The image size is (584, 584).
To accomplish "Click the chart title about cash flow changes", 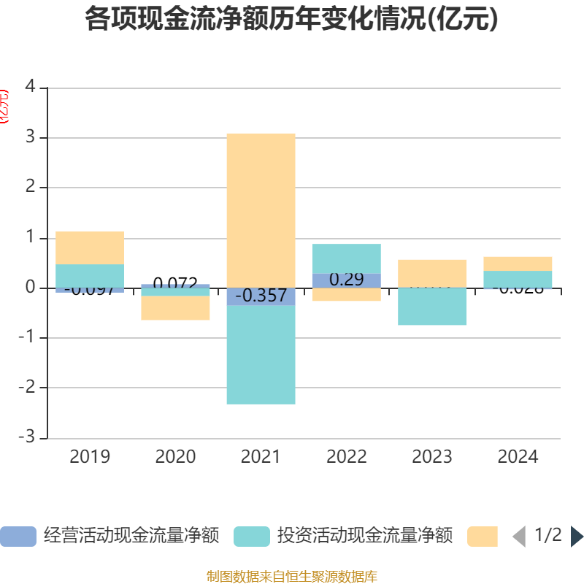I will (x=292, y=19).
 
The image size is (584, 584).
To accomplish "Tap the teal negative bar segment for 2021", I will (x=261, y=355).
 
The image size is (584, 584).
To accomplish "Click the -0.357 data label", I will (x=261, y=296).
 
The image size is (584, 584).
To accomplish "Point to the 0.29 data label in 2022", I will (x=346, y=280).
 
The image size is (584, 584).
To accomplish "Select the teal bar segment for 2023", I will (x=432, y=307).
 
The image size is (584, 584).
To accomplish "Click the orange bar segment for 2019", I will (x=90, y=247).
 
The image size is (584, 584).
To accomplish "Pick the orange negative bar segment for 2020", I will (x=175, y=308).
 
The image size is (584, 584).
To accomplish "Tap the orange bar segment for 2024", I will (x=518, y=264).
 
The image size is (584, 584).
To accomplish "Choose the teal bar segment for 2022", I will (x=346, y=258).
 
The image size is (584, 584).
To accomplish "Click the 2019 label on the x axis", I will (x=90, y=457).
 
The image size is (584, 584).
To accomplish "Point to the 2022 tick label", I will (x=346, y=457).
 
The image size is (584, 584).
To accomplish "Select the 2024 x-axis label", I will (x=518, y=457).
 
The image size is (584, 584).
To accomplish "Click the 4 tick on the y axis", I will (x=30, y=87).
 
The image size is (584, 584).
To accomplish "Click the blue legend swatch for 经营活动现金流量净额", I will (x=18, y=537).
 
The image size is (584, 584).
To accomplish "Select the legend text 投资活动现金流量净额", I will (x=364, y=537).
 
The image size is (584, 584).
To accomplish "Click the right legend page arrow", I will (x=577, y=537).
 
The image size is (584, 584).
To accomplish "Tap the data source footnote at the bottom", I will (x=292, y=577).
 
